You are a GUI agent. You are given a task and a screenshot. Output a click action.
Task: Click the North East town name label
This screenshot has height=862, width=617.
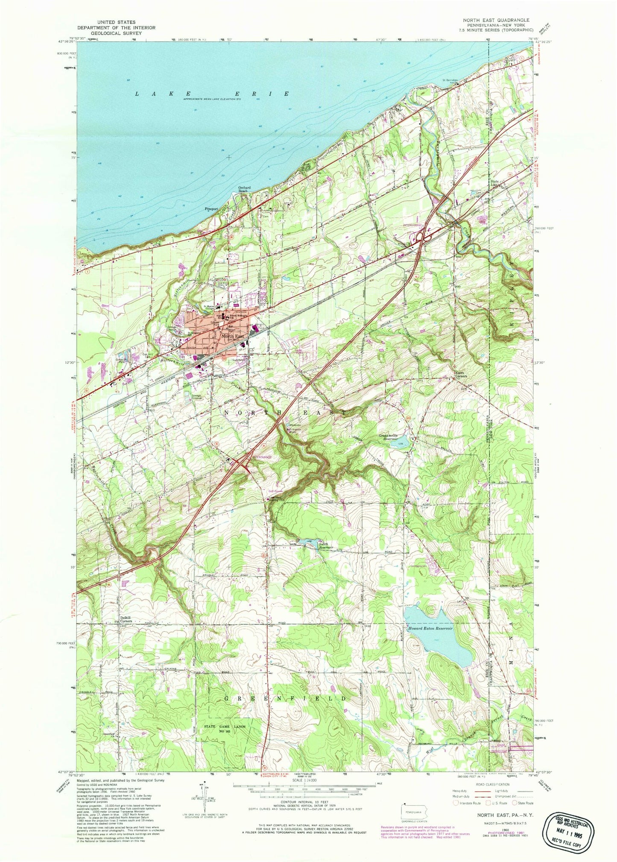coord(233,337)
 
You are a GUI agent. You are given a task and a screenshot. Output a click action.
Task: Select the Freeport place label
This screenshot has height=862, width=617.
coord(209,209)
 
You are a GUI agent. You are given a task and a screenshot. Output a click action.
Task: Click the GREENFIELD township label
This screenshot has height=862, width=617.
coord(285,698)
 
